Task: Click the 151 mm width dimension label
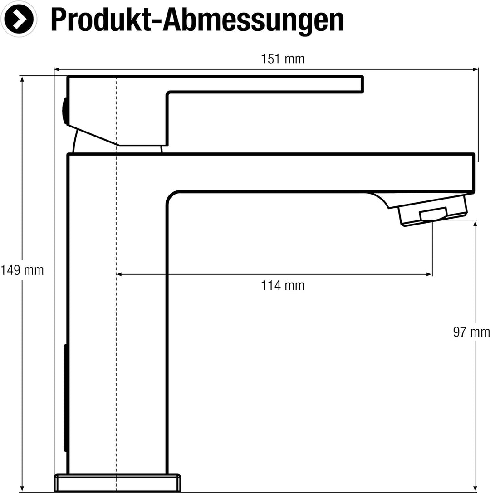(x=282, y=59)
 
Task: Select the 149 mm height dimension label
(x=22, y=270)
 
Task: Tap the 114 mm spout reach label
(x=282, y=286)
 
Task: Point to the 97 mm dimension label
(x=471, y=332)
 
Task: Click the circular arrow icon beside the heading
(x=19, y=19)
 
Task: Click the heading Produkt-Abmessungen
(x=197, y=20)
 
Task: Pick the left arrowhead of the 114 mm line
(x=119, y=274)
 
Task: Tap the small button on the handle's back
(x=64, y=111)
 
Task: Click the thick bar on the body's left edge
(x=66, y=398)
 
